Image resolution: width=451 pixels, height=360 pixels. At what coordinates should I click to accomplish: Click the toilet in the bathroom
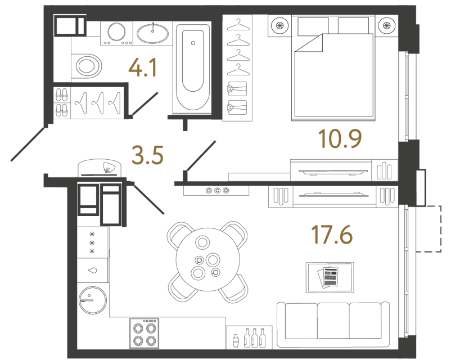pyautogui.click(x=87, y=66)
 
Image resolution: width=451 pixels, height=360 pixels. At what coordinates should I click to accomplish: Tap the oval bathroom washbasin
pyautogui.click(x=152, y=34)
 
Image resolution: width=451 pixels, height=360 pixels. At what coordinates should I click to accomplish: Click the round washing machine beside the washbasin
pyautogui.click(x=117, y=33)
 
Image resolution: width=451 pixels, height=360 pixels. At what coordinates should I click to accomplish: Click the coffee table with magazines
pyautogui.click(x=330, y=277)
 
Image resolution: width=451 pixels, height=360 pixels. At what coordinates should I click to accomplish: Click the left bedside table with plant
pyautogui.click(x=279, y=25)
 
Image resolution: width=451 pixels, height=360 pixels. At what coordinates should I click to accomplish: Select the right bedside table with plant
pyautogui.click(x=386, y=25)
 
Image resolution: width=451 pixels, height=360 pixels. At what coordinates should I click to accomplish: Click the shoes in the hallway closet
pyautogui.click(x=62, y=101)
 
